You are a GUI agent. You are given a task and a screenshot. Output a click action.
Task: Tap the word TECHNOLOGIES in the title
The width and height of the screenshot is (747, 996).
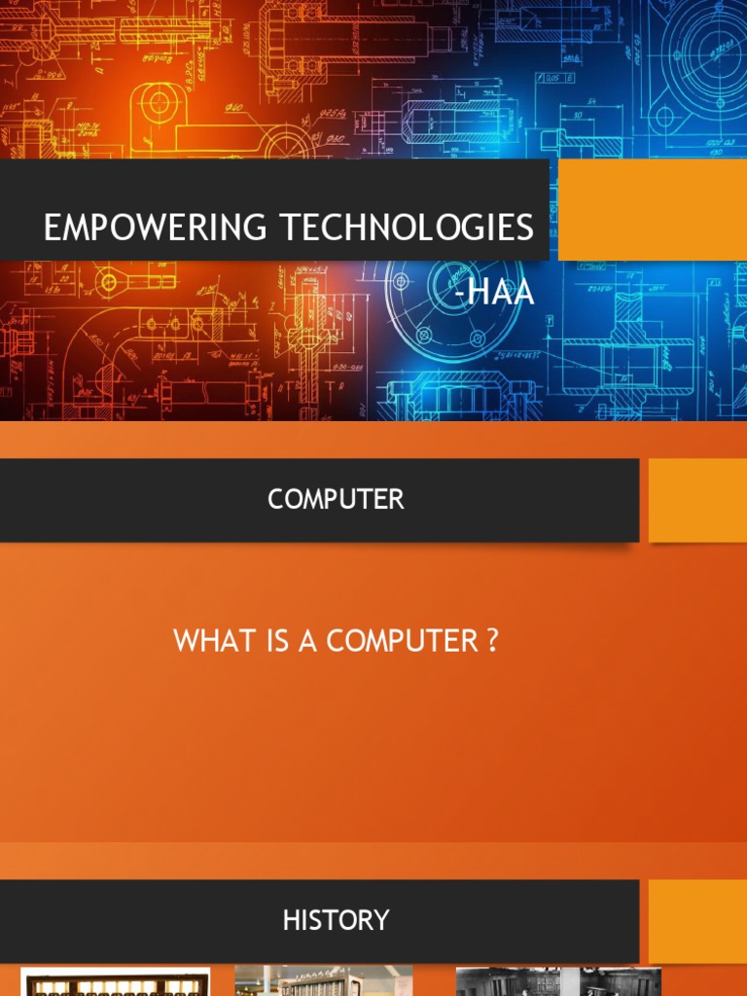tap(408, 228)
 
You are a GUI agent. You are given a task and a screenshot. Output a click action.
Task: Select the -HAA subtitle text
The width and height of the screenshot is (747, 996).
tap(494, 291)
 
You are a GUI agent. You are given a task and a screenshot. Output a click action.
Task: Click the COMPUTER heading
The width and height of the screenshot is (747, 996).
tap(336, 500)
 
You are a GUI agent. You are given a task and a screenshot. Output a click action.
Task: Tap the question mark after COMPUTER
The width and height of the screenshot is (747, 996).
tap(492, 642)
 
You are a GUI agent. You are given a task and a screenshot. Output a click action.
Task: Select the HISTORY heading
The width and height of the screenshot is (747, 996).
tap(336, 920)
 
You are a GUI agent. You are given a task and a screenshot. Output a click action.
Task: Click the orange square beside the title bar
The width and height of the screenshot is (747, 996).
tap(652, 210)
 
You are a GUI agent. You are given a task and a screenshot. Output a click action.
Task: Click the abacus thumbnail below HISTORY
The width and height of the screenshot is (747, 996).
tap(115, 982)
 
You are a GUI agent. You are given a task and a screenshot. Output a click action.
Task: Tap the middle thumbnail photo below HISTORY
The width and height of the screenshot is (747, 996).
tap(324, 981)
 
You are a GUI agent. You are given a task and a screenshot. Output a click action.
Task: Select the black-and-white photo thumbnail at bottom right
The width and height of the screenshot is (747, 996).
tap(558, 981)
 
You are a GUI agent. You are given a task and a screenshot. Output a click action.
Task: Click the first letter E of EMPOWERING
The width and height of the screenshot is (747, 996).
tap(53, 228)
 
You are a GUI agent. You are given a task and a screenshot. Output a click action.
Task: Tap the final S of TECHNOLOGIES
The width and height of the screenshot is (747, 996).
tap(525, 228)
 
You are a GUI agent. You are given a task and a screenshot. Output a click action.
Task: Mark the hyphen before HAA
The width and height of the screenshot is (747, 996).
tap(459, 293)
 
